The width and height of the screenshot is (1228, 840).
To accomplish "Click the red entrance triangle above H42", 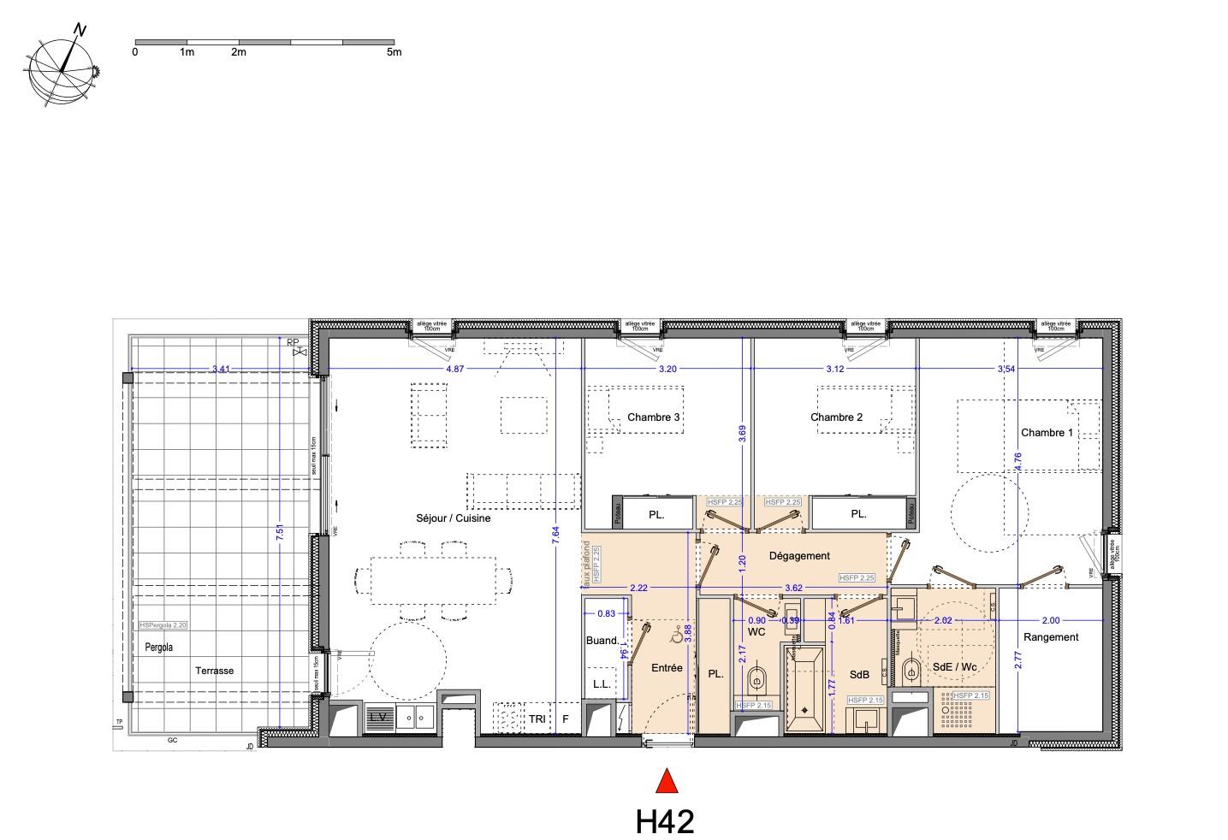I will (x=667, y=782).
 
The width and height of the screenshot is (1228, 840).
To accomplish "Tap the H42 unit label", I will (x=665, y=821).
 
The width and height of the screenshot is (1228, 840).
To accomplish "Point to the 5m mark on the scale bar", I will (x=394, y=52).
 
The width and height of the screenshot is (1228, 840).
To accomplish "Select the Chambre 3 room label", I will (x=654, y=417).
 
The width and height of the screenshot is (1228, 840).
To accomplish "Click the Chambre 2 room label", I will (x=836, y=417).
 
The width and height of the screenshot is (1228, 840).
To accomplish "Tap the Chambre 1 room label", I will (x=1046, y=433).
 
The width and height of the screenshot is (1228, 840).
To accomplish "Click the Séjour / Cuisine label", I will (x=453, y=518).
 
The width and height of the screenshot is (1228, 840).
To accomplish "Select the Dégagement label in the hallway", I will (x=798, y=556).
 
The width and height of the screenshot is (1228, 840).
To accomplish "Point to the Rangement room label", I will (x=1051, y=636).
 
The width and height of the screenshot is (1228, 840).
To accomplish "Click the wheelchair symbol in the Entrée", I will (x=676, y=636).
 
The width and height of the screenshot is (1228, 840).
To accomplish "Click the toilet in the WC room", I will (x=756, y=683).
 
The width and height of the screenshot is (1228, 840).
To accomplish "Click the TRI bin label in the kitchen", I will (x=537, y=719).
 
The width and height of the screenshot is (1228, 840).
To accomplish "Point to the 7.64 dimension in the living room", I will (x=555, y=536).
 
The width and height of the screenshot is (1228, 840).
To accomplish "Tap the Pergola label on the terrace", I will (x=158, y=648).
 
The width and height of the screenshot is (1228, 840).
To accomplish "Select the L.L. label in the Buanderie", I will (x=602, y=684).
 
